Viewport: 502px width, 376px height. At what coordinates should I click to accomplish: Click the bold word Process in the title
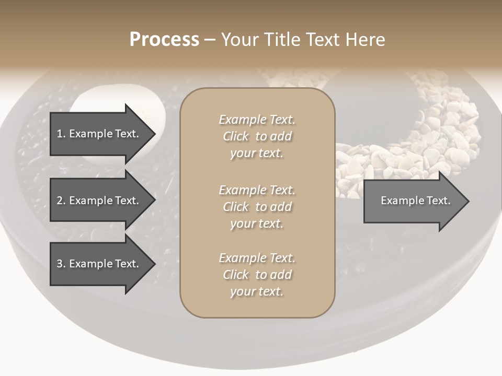click(164, 40)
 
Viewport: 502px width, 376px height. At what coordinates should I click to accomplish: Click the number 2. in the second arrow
click(61, 201)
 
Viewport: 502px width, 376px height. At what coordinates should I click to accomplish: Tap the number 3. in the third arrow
click(61, 264)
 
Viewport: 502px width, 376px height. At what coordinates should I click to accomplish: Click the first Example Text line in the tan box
click(257, 120)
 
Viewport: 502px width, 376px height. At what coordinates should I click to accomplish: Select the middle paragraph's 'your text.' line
click(257, 224)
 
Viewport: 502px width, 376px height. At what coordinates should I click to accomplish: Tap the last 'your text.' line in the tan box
click(257, 291)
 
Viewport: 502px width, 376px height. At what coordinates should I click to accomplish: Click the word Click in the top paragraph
click(236, 136)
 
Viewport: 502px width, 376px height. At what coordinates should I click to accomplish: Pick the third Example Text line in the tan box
click(257, 258)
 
